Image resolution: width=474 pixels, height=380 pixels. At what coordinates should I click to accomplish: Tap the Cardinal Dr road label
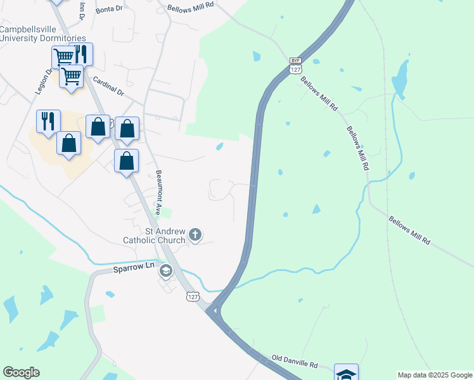tap(109, 85)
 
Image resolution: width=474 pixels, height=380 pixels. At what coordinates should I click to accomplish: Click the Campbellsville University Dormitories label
tap(42, 34)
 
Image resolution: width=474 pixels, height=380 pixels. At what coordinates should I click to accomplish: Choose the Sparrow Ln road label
tap(134, 268)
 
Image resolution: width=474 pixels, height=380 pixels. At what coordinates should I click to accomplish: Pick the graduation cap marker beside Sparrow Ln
tap(166, 272)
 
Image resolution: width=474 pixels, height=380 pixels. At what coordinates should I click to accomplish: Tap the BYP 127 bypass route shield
tap(295, 66)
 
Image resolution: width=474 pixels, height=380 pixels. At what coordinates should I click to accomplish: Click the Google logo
tap(21, 372)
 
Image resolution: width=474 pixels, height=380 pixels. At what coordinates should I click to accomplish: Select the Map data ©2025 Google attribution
tap(434, 375)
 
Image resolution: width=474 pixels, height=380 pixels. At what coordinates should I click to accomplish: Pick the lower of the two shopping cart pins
tap(72, 77)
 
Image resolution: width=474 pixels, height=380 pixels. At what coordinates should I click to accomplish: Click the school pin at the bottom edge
tap(346, 374)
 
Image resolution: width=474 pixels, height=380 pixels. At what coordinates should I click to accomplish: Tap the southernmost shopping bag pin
tap(126, 161)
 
